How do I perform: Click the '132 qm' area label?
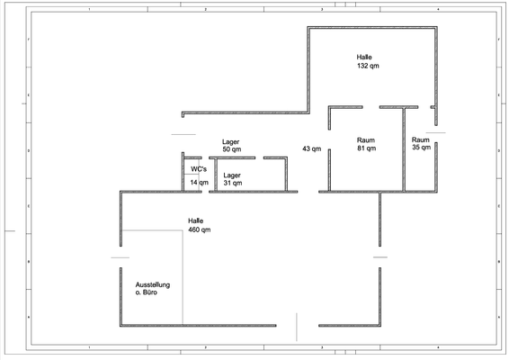click(x=368, y=66)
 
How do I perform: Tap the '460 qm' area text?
click(x=200, y=229)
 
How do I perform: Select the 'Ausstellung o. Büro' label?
click(x=153, y=289)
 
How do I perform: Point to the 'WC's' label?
click(x=199, y=169)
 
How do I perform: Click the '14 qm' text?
click(x=200, y=183)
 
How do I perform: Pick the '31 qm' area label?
click(x=233, y=183)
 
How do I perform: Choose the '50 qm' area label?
click(x=232, y=149)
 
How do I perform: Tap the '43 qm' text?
click(x=312, y=148)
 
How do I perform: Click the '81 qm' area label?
click(x=367, y=148)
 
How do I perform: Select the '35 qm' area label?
click(x=422, y=148)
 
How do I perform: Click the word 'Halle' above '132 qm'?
click(x=364, y=58)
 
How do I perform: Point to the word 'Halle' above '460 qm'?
click(x=196, y=220)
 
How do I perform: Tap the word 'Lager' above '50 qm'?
click(x=231, y=142)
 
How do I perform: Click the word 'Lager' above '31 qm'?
click(x=232, y=175)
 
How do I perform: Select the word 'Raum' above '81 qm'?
click(x=366, y=140)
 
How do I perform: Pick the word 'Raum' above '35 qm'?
click(x=421, y=139)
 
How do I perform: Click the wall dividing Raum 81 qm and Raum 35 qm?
click(x=404, y=149)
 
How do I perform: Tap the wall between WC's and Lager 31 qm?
click(x=216, y=175)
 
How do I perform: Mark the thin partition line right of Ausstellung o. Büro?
click(x=183, y=277)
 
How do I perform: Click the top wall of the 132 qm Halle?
click(x=372, y=28)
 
